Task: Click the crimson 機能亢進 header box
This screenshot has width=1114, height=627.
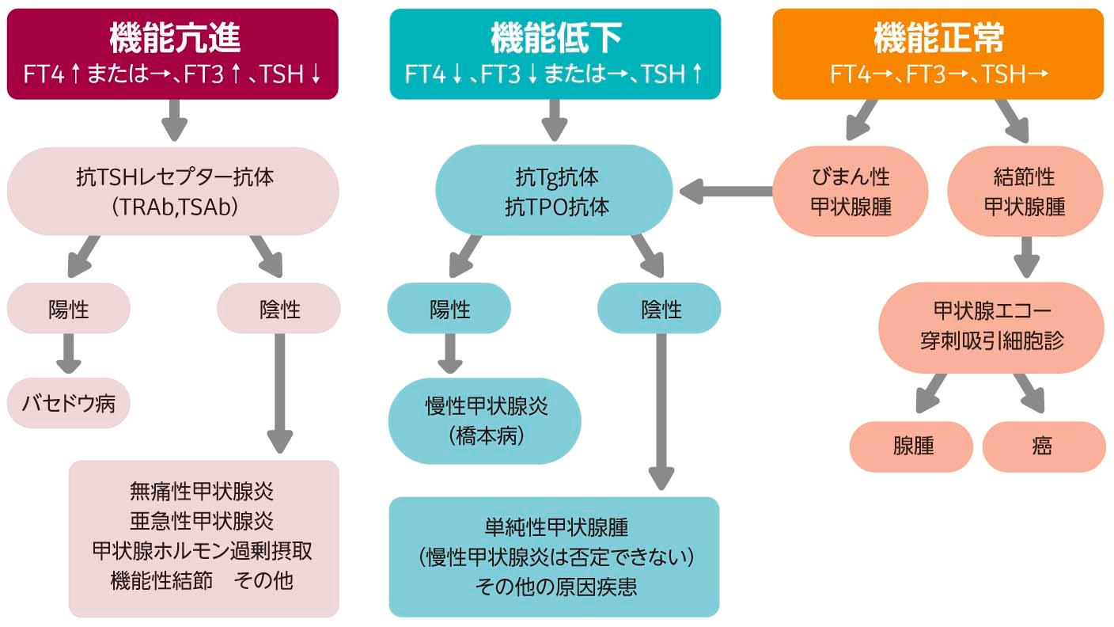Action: (172, 54)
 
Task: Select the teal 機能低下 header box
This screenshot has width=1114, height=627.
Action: (555, 54)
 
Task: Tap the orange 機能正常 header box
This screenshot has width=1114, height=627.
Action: (938, 54)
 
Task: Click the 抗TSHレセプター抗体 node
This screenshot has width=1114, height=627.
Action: (172, 191)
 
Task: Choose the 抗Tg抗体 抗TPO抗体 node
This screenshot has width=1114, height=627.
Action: (555, 191)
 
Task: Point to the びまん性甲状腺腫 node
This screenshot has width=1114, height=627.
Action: (851, 191)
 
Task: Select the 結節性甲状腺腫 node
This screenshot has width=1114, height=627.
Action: (1024, 191)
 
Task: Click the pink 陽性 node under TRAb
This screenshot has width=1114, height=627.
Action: (69, 308)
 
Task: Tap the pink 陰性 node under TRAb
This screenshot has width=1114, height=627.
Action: (278, 308)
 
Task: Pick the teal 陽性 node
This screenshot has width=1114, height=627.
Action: (449, 308)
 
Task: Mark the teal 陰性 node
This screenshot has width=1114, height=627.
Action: (659, 308)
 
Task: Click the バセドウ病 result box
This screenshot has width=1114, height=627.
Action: (69, 403)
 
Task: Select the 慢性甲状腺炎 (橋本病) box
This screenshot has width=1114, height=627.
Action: (484, 420)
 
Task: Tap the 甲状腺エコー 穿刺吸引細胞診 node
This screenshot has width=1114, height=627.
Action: (991, 327)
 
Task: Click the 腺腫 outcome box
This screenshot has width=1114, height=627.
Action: (911, 446)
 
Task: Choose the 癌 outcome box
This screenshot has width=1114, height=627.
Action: (1043, 446)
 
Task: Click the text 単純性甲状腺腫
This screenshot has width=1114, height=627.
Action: (555, 527)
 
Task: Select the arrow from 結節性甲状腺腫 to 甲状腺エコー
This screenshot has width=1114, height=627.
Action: (1028, 256)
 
